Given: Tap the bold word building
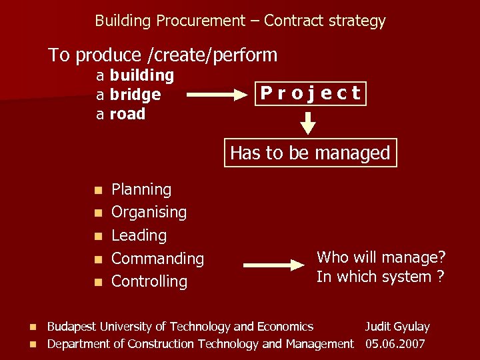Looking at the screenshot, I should [141, 75].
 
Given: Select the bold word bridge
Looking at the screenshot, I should [135, 95].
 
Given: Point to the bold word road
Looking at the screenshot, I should [127, 114].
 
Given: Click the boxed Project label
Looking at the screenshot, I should [311, 93].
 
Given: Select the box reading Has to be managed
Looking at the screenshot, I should [310, 153].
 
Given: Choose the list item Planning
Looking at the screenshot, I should [141, 189].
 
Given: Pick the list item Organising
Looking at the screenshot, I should [149, 212].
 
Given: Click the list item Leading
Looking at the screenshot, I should [139, 235].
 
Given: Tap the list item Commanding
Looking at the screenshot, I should [157, 258].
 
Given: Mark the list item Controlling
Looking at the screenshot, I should [149, 281].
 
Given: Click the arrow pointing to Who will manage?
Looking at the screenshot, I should [273, 265].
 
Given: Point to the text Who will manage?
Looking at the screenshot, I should [381, 257].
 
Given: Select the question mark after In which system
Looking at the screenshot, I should [441, 276].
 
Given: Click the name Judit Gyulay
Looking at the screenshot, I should [397, 327].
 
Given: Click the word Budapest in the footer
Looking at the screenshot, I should [72, 327].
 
